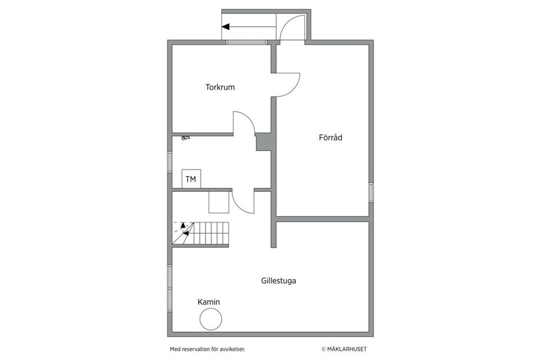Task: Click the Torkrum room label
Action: click(x=220, y=87)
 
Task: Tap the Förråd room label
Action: click(x=331, y=137)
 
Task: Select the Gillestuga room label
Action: click(x=278, y=280)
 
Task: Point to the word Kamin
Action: click(x=209, y=302)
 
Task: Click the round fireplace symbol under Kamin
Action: click(x=211, y=320)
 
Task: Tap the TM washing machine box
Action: click(x=191, y=179)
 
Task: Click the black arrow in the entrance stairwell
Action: click(x=227, y=26)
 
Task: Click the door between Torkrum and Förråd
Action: click(x=287, y=85)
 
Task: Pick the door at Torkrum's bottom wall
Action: click(x=243, y=122)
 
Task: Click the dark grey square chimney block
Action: click(x=264, y=141)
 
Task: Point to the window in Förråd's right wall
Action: click(x=371, y=192)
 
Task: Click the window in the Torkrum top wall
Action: click(x=247, y=42)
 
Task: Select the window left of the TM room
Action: click(x=170, y=162)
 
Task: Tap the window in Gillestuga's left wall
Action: click(x=170, y=288)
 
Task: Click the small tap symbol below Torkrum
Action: click(x=184, y=137)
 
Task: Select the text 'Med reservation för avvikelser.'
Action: click(x=207, y=349)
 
